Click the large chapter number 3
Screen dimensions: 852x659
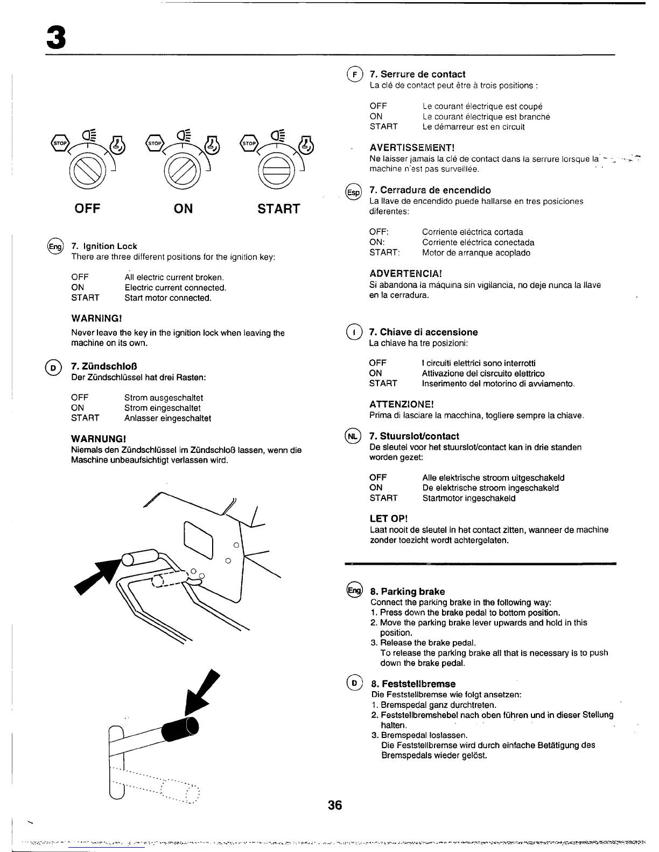[x=56, y=36]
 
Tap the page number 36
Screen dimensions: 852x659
[x=335, y=805]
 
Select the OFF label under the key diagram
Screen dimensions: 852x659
[x=87, y=208]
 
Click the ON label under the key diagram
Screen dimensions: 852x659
[x=184, y=208]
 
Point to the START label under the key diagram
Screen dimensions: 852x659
[x=278, y=208]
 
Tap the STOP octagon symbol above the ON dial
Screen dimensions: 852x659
[x=155, y=144]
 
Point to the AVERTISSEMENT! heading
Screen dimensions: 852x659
[x=412, y=147]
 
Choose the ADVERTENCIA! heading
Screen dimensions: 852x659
[x=406, y=273]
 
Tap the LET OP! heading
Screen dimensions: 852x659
[x=389, y=519]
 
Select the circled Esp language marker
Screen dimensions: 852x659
[x=353, y=192]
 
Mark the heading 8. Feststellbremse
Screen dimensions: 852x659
[x=413, y=684]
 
